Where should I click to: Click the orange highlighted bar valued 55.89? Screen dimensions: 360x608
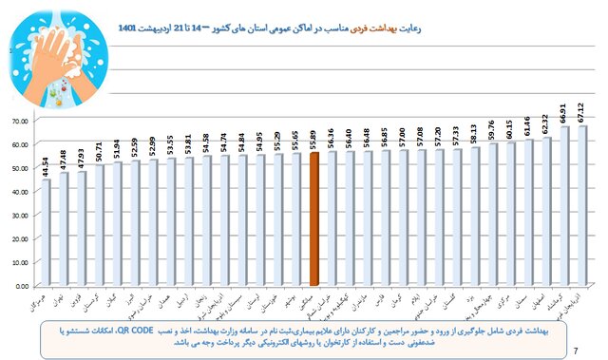tap(313, 218)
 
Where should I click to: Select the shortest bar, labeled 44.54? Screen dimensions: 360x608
tap(46, 233)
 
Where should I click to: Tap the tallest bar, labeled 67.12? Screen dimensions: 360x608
tap(582, 205)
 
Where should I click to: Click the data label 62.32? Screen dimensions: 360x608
tap(545, 124)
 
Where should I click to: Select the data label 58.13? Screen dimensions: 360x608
tap(473, 135)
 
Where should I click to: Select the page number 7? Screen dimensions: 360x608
tap(578, 351)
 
